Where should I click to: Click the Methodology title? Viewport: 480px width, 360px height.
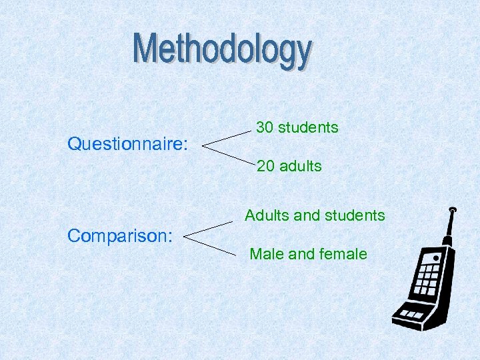tap(222, 50)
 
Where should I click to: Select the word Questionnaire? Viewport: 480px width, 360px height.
tap(127, 144)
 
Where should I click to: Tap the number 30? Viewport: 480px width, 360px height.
tap(265, 127)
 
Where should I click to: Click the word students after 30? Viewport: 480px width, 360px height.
tap(308, 127)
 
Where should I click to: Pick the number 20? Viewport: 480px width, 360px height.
tap(265, 166)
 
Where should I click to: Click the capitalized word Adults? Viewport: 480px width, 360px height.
tap(267, 215)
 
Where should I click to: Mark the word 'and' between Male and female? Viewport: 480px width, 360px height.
tap(302, 254)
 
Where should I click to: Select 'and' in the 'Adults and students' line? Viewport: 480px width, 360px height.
tap(307, 215)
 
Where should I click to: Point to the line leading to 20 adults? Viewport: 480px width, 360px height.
tap(227, 153)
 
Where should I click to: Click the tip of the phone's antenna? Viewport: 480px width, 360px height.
tap(453, 210)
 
